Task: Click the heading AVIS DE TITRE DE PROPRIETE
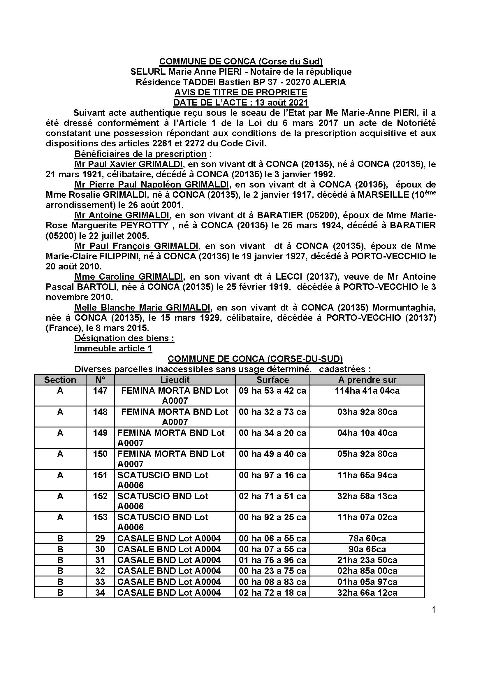click(241, 92)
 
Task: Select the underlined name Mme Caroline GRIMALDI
click(129, 276)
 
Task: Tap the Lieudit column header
click(175, 380)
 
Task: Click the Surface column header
click(272, 380)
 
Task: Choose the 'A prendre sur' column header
click(367, 380)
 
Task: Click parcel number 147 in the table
click(100, 390)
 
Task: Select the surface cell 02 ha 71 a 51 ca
click(272, 496)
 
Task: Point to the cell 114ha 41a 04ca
click(367, 390)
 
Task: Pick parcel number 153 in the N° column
click(100, 517)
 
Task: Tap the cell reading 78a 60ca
click(367, 538)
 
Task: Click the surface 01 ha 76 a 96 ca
click(272, 560)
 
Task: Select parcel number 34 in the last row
click(100, 592)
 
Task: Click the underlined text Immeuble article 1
click(113, 348)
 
